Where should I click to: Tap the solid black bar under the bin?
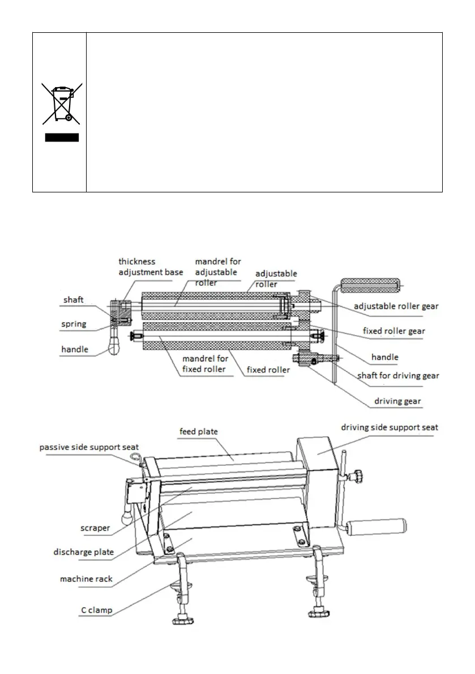point(61,137)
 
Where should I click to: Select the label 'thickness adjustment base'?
point(151,267)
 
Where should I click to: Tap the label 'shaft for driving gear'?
point(398,375)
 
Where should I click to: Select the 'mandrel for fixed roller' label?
point(206,364)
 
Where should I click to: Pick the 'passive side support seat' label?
point(89,447)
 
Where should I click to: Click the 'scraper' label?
point(95,527)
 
